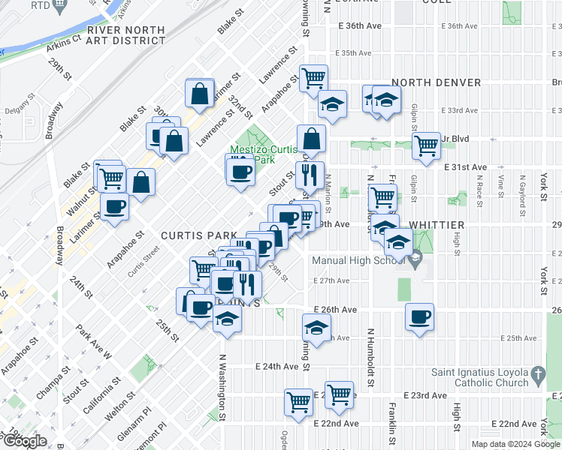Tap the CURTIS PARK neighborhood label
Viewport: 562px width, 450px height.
193,235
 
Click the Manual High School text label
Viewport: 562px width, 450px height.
359,260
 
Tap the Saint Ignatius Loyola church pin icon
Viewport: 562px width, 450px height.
538,373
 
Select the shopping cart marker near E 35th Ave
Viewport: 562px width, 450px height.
313,77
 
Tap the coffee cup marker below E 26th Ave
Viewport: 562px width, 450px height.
420,316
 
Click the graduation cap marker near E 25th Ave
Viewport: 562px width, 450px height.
316,328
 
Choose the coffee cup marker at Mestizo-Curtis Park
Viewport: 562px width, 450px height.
240,171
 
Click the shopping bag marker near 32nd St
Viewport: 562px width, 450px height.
200,94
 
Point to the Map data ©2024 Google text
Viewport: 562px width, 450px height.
515,444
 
